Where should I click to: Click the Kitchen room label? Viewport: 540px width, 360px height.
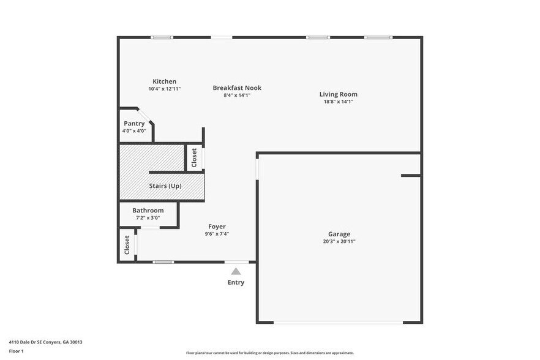[x=164, y=81]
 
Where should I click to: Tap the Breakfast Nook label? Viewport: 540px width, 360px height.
[x=237, y=88]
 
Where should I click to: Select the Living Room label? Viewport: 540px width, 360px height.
[x=338, y=94]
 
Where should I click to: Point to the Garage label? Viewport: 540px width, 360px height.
[x=339, y=234]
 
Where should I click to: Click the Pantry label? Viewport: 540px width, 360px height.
[x=134, y=123]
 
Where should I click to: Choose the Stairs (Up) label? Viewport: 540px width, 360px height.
[x=165, y=186]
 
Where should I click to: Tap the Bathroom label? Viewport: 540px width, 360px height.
[x=148, y=210]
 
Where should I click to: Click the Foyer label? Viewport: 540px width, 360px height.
[x=217, y=227]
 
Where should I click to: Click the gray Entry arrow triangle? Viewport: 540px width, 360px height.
[x=236, y=271]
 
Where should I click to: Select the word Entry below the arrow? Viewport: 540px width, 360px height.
[x=236, y=282]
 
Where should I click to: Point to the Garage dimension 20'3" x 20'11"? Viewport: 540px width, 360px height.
[x=339, y=242]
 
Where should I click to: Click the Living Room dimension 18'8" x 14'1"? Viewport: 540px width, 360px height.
[x=338, y=102]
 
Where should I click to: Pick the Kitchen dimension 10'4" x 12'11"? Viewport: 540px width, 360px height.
[x=164, y=89]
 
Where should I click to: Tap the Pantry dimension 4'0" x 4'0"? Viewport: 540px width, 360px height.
[x=134, y=130]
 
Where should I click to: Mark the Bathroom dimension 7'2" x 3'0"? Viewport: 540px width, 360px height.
[x=148, y=217]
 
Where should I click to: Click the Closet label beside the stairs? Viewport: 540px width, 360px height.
[x=194, y=158]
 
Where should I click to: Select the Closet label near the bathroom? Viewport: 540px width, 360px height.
[x=127, y=245]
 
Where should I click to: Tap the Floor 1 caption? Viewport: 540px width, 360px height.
[x=16, y=351]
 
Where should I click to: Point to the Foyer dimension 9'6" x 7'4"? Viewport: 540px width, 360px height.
[x=217, y=234]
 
